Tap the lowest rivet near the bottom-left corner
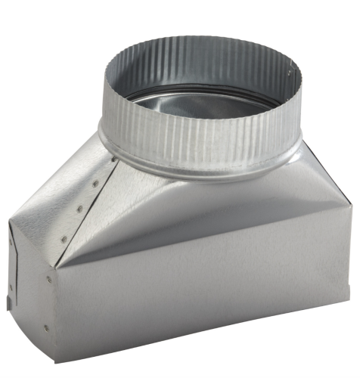point(45,327)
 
